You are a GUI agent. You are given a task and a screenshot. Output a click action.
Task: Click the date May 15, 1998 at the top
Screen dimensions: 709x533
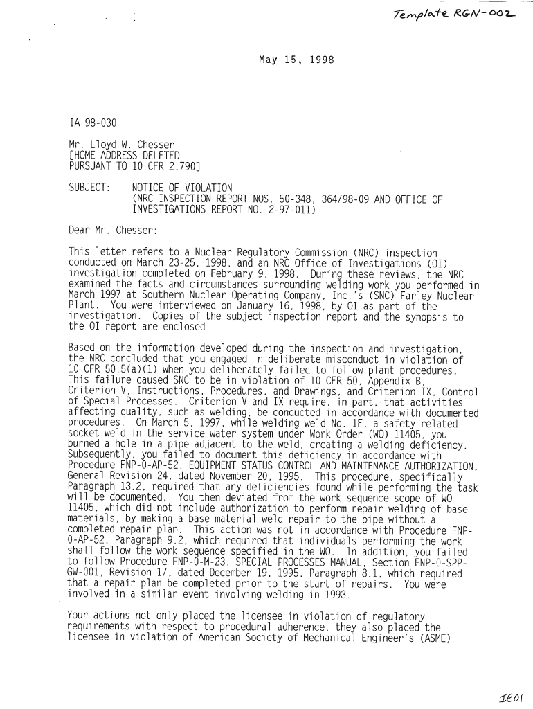tap(296, 60)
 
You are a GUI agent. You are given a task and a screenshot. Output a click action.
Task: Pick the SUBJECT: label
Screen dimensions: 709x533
tap(89, 188)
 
